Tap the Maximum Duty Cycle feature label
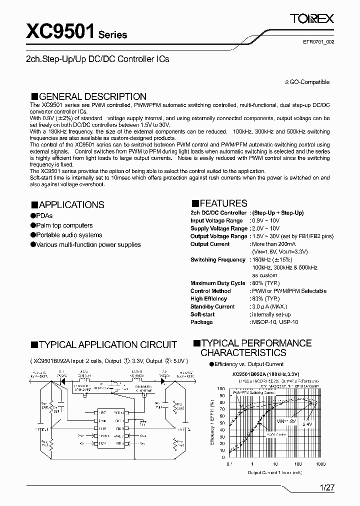tap(217, 283)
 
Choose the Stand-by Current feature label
tap(212, 306)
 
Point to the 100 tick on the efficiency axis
tap(220, 388)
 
